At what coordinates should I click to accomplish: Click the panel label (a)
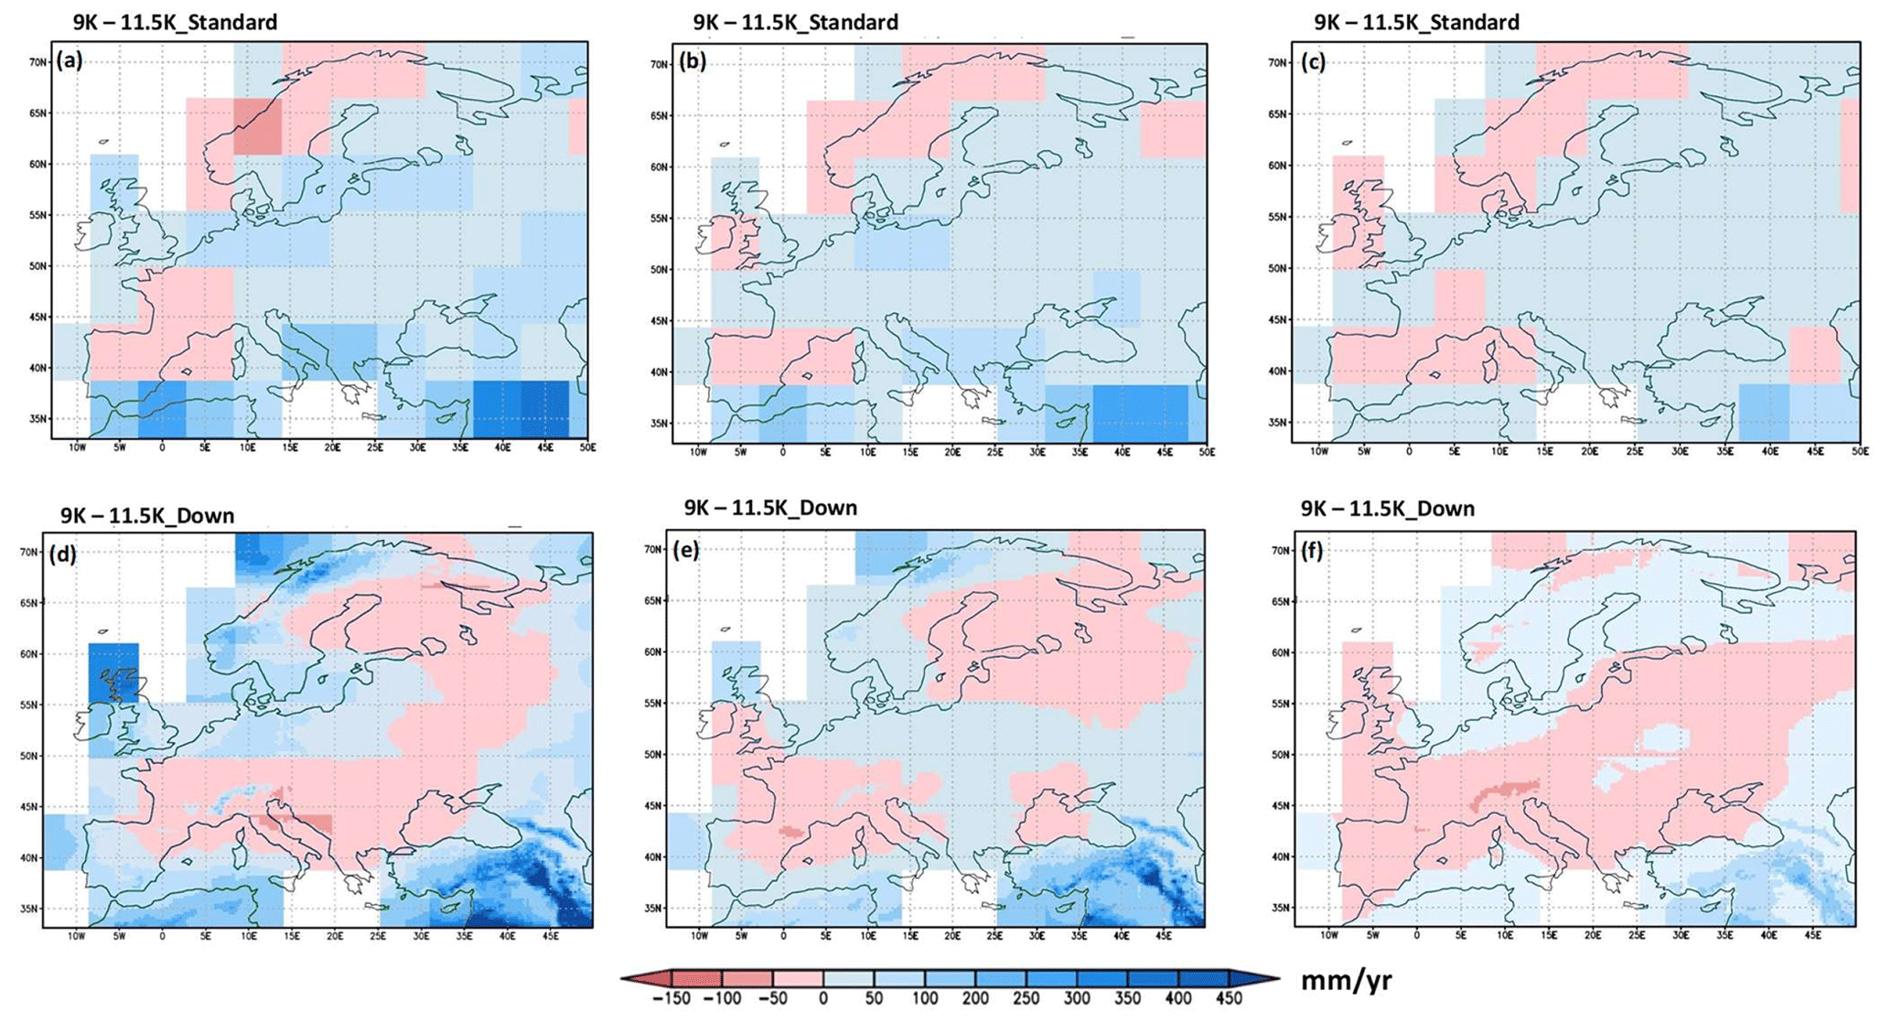pos(70,60)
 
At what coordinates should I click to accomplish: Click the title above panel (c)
pos(1416,22)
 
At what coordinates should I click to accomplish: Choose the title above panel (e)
pos(770,508)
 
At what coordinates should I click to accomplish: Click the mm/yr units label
pos(1346,981)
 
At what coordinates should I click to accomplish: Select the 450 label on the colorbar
pos(1228,998)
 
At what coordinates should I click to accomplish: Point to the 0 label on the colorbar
pos(823,998)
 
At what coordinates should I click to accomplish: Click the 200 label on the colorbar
pos(975,998)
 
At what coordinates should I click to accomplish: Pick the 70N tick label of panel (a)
pos(38,62)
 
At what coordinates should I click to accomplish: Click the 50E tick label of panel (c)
pos(1858,452)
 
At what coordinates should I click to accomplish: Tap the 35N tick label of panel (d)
pos(29,909)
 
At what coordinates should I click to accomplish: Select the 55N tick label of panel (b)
pos(660,219)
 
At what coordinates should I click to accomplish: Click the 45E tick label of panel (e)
pos(1164,936)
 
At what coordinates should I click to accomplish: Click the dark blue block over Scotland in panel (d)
pos(113,672)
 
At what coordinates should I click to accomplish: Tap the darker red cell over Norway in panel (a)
pos(257,126)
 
